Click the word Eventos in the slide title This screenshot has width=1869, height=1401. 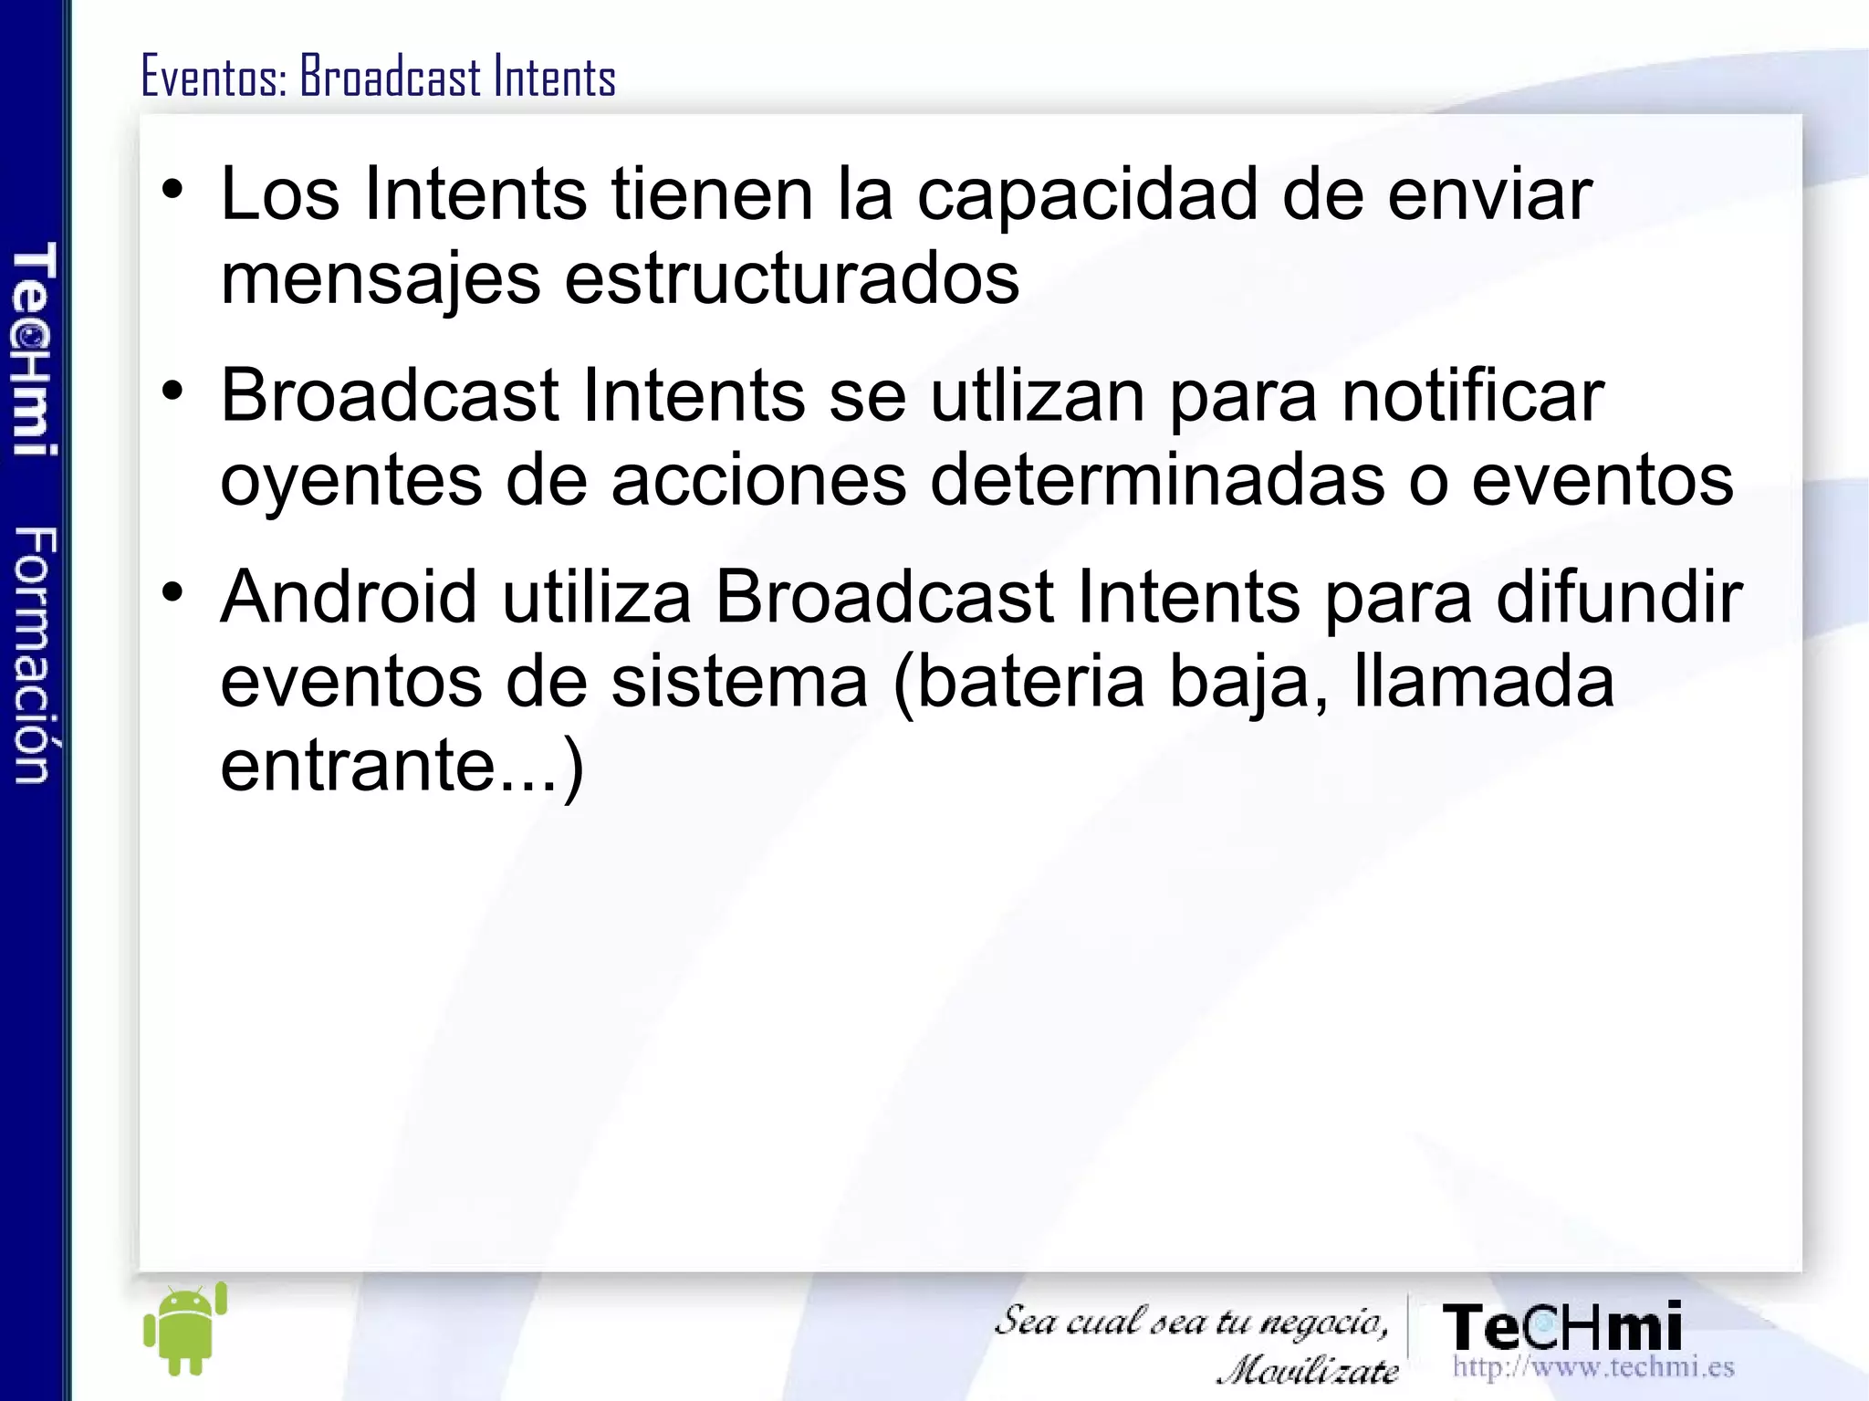214,77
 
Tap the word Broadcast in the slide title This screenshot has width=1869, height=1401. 391,77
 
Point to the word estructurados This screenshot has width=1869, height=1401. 791,278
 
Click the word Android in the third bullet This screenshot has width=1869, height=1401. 349,597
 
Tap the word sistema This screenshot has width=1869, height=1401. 739,681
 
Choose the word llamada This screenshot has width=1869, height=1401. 1484,681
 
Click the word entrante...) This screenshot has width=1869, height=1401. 402,766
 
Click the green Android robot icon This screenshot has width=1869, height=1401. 185,1329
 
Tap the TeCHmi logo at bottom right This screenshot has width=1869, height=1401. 1562,1327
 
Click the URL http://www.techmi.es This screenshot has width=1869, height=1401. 1592,1367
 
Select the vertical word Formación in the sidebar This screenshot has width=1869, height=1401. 35,655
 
